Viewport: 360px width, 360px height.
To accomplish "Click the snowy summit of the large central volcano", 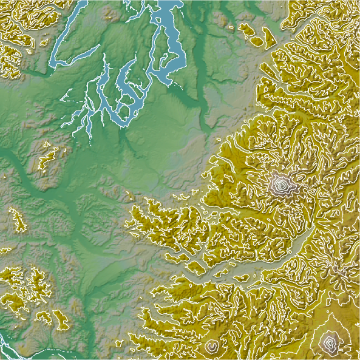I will click(281, 183).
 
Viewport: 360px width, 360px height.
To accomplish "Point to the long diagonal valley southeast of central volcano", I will click(304, 243).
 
